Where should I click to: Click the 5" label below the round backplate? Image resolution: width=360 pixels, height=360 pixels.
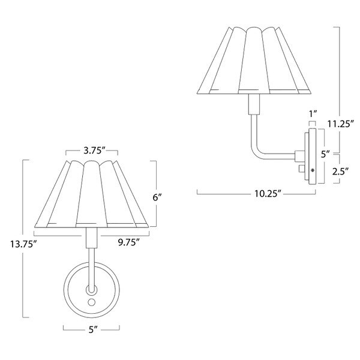point(92,329)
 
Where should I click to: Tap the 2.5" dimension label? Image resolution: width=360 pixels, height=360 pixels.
point(341,171)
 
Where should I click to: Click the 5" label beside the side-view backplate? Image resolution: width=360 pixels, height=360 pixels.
point(325,154)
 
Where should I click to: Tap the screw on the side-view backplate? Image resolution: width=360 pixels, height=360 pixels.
point(312,170)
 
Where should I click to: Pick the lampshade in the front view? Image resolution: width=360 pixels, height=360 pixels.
point(92,195)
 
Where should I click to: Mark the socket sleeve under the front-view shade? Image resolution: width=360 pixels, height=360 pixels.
point(92,239)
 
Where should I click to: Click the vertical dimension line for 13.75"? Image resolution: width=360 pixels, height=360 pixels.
point(23,198)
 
